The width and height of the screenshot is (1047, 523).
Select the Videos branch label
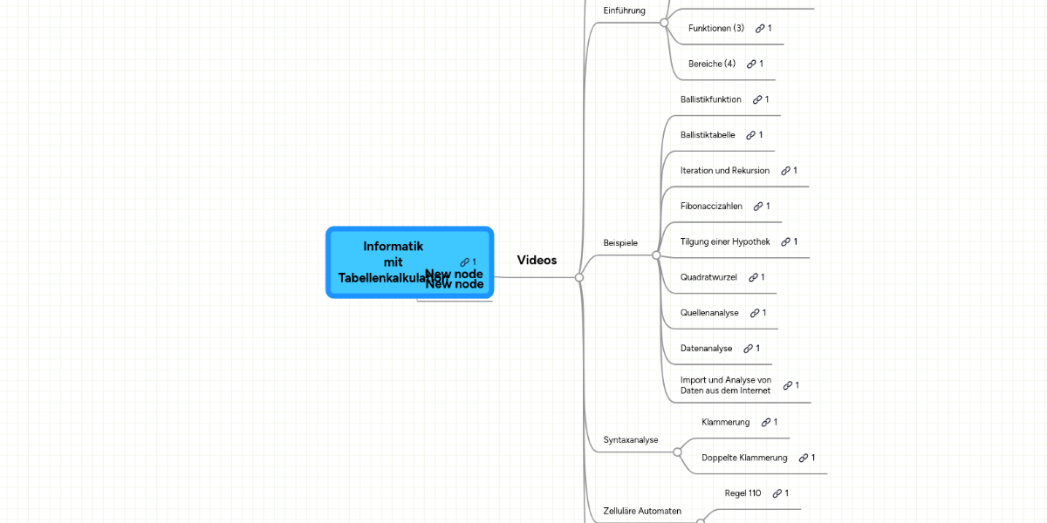537,260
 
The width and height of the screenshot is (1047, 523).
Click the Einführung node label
624,10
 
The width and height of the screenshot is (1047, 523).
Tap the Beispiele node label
620,241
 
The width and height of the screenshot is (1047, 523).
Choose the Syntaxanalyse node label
631,439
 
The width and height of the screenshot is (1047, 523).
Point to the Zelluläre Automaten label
642,510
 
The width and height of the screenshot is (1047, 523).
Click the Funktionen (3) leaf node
715,28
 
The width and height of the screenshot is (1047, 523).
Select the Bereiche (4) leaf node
712,64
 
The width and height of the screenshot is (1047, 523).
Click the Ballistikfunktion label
710,99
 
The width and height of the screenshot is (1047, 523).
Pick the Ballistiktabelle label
708,135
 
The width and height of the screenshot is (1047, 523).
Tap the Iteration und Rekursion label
724,170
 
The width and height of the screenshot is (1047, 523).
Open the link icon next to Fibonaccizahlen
758,206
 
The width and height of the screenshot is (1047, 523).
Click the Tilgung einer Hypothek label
724,241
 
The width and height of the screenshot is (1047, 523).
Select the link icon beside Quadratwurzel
753,277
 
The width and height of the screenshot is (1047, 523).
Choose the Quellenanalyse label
709,312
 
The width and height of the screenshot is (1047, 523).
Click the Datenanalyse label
706,348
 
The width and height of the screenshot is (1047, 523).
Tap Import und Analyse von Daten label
725,385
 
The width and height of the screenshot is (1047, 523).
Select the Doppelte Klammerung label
743,458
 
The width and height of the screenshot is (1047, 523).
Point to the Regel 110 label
742,493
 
